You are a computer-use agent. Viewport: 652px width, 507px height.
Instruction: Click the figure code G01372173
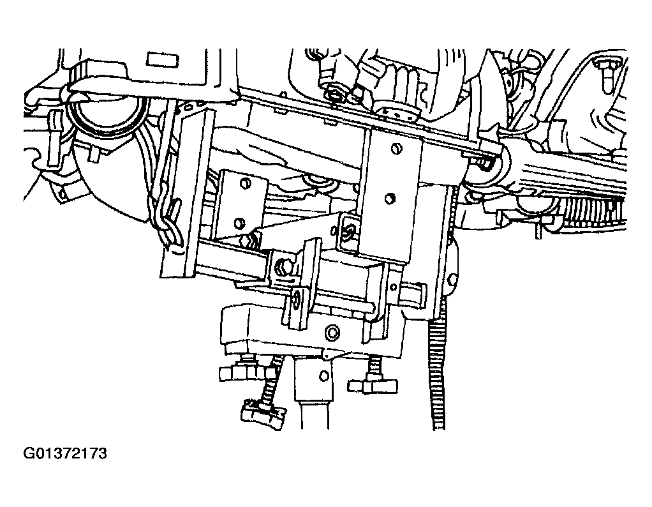(65, 454)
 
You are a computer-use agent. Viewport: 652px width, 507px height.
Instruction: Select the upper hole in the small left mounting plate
(244, 184)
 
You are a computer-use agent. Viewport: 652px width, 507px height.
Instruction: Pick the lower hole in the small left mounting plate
(241, 223)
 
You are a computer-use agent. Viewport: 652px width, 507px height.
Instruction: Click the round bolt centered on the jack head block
(331, 332)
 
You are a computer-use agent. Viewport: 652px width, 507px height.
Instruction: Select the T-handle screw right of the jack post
(372, 381)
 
